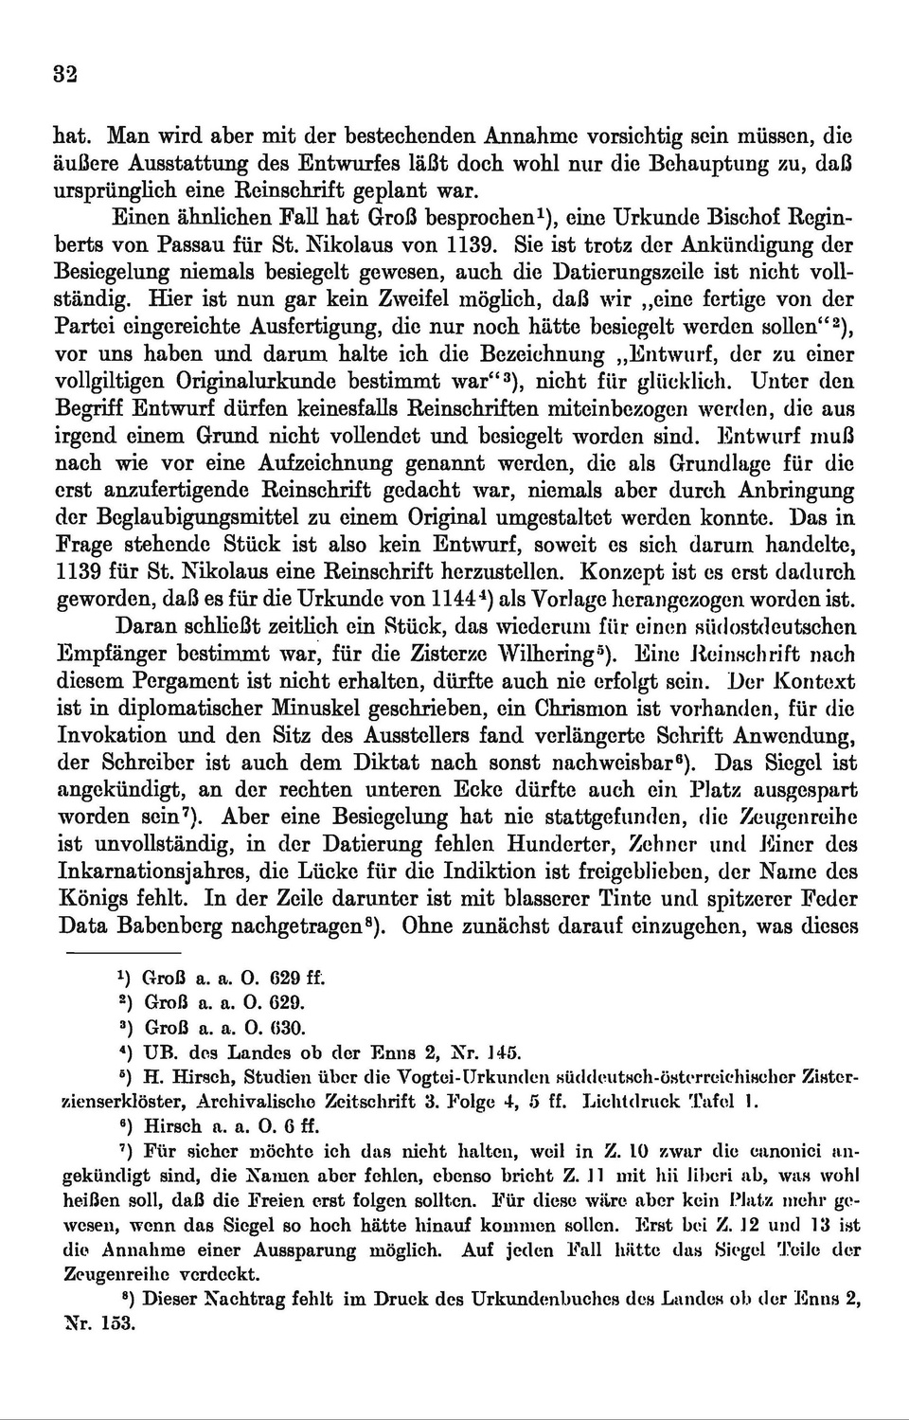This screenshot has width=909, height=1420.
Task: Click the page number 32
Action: click(x=65, y=76)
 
